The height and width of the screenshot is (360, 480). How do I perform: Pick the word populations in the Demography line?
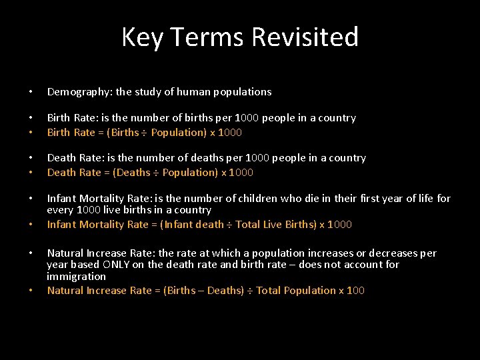(240, 91)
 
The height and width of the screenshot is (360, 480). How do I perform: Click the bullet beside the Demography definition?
(31, 91)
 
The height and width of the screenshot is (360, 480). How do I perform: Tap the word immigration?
(77, 276)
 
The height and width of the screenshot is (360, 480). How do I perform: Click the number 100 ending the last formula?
(356, 290)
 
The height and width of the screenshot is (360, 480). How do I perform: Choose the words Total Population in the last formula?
(296, 290)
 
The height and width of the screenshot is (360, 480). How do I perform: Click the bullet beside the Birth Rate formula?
(31, 132)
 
